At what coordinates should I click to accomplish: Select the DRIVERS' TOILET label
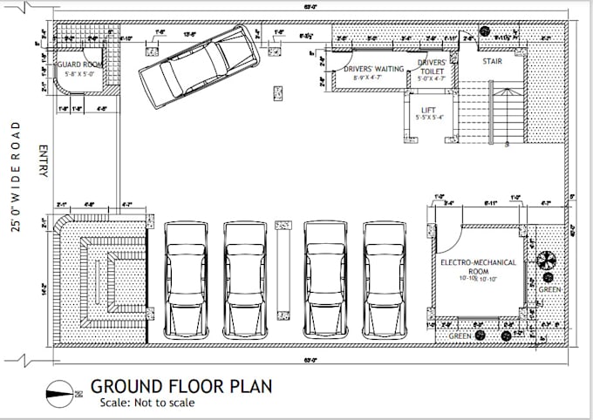431,69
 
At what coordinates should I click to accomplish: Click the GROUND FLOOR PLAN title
181,386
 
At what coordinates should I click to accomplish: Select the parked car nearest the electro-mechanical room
384,279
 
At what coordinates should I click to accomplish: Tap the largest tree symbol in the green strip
548,260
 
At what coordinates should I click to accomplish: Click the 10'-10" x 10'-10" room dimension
478,278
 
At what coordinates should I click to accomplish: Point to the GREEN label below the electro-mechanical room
460,335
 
